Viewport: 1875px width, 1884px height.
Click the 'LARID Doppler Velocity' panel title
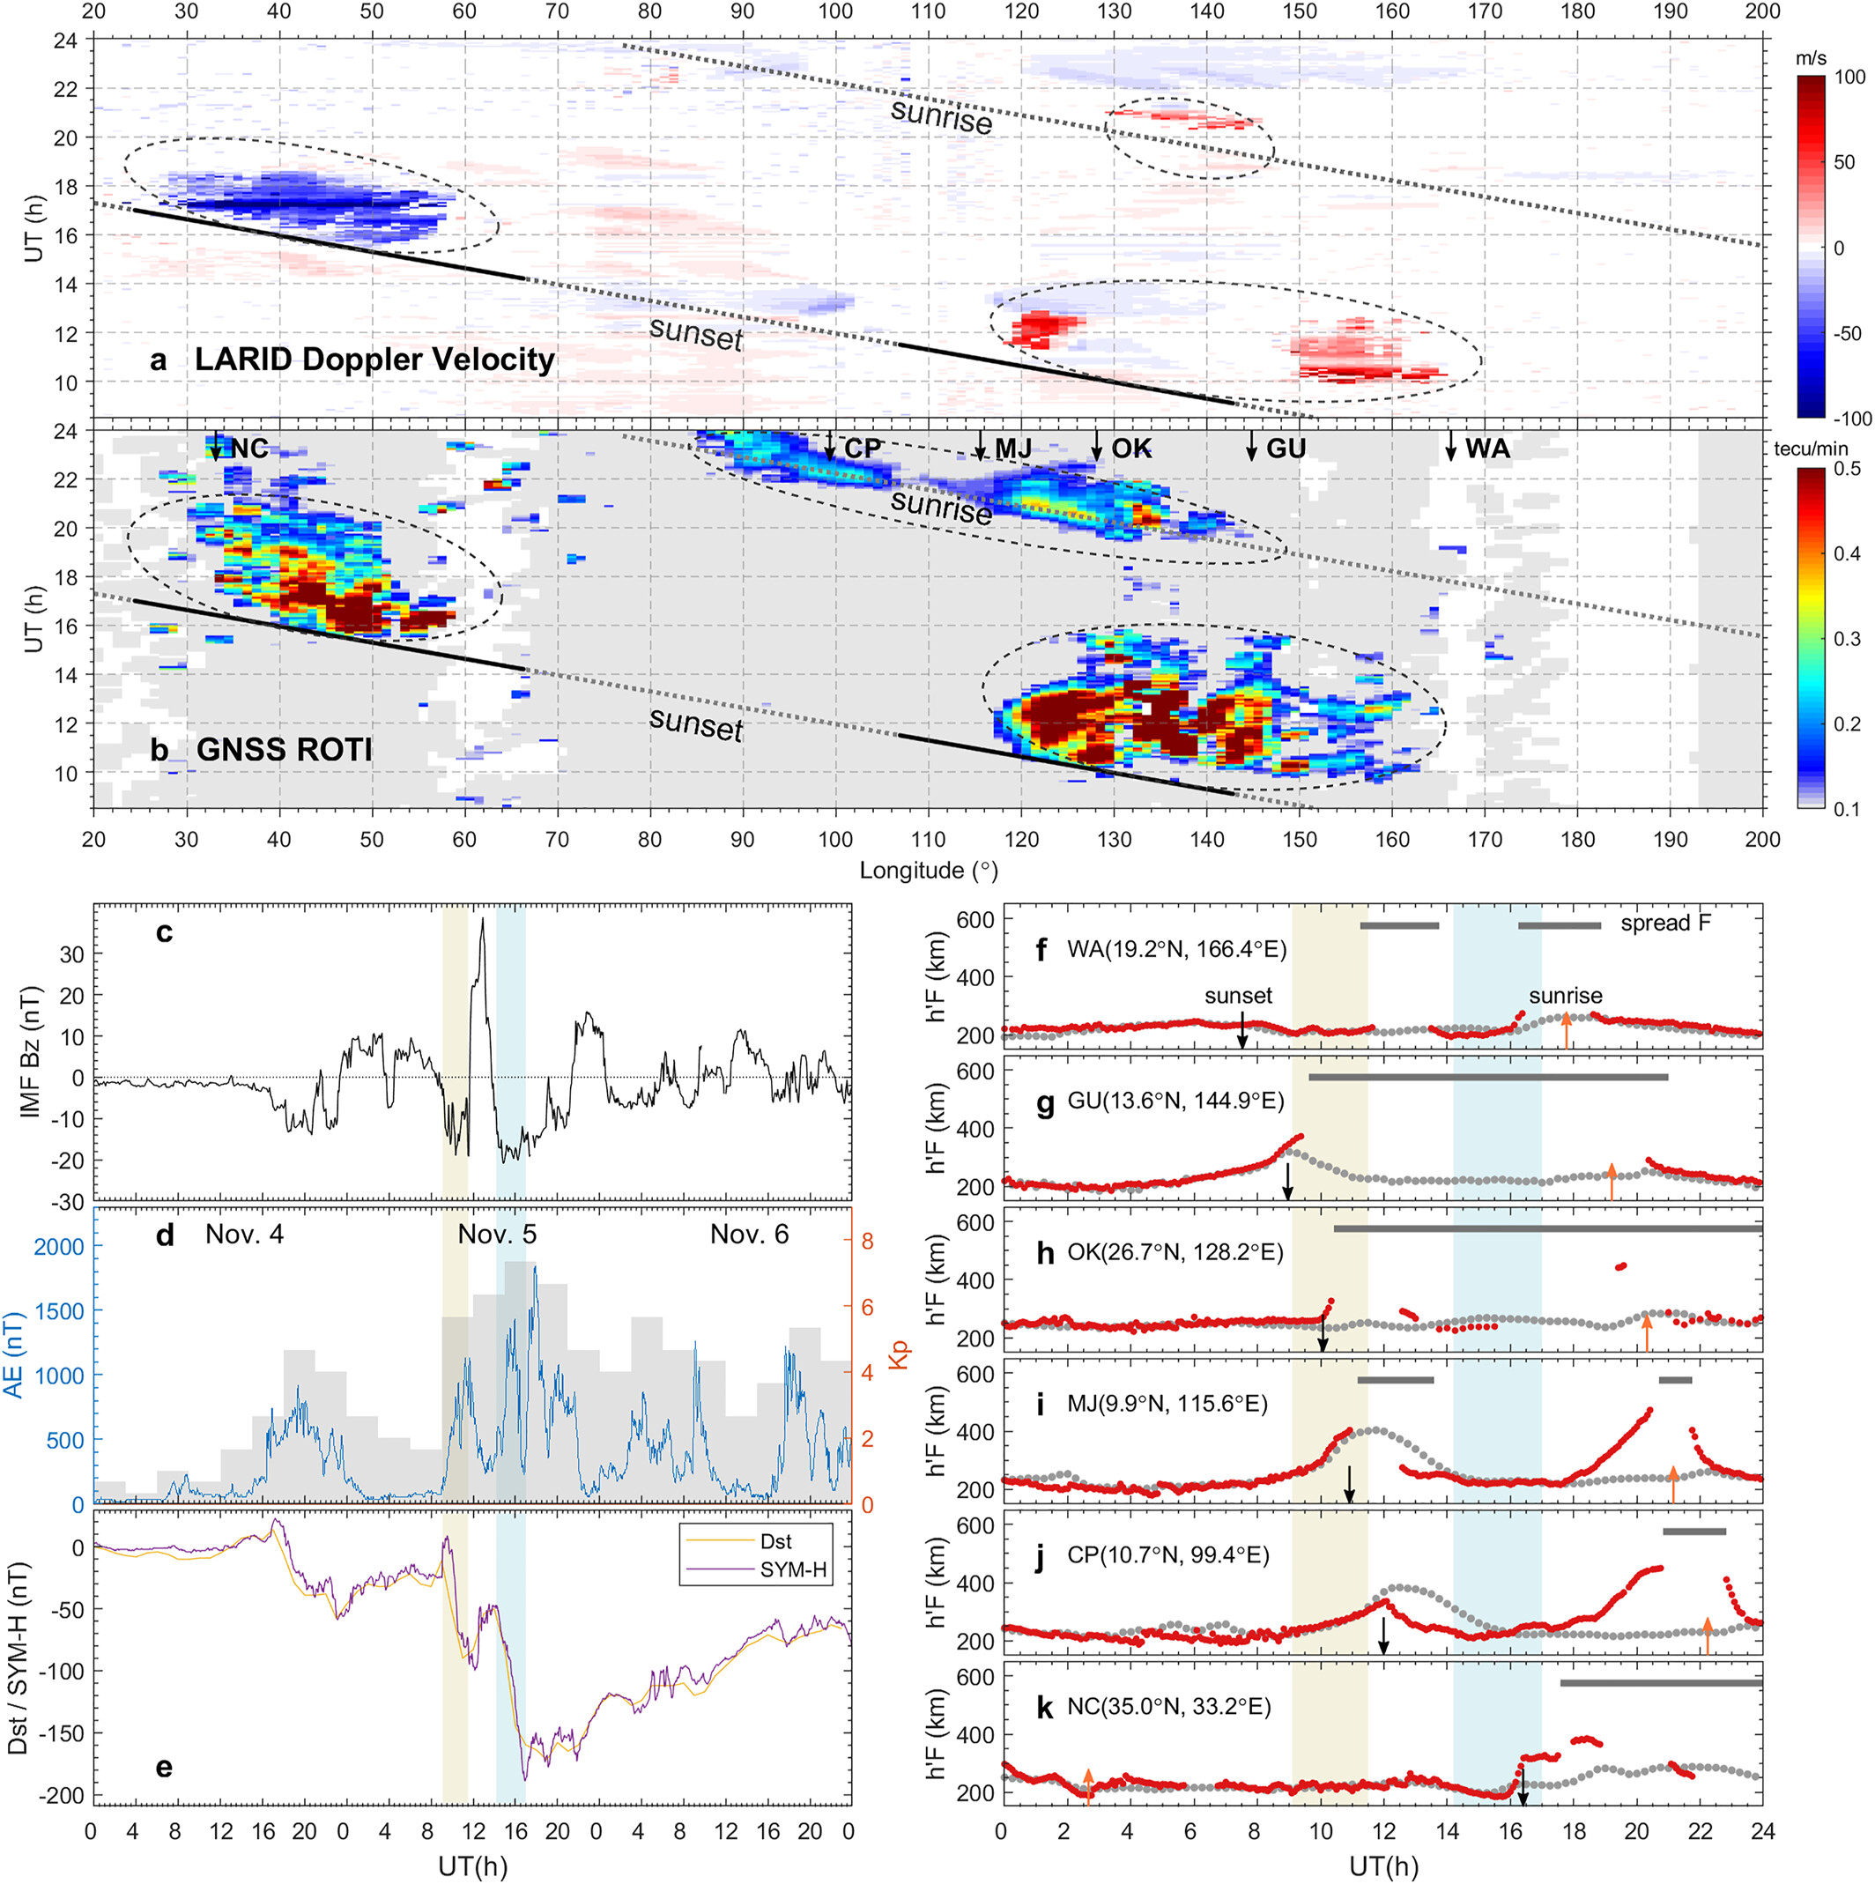[374, 359]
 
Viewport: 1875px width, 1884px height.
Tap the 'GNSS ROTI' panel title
[284, 749]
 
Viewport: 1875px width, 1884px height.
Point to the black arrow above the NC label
[217, 446]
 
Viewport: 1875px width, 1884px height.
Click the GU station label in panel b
[1286, 449]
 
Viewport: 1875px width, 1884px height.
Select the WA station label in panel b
[1487, 449]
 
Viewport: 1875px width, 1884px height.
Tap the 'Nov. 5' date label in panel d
[497, 1235]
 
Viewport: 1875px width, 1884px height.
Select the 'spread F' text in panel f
[1665, 923]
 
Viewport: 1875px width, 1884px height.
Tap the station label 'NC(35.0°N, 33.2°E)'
[1169, 1707]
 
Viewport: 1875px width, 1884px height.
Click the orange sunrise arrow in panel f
[1566, 1032]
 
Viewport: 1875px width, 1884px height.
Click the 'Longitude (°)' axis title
[928, 870]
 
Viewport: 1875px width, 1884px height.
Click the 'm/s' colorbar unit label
[1815, 58]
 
